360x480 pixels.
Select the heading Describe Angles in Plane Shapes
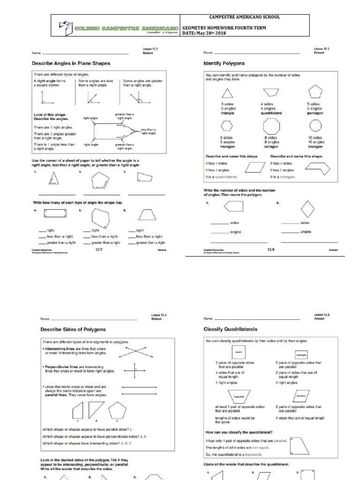(x=71, y=63)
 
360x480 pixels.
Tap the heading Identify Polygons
(x=224, y=63)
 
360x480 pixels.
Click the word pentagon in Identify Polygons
(x=315, y=113)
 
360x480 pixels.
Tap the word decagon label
(x=315, y=147)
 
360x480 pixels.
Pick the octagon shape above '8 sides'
(x=271, y=126)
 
